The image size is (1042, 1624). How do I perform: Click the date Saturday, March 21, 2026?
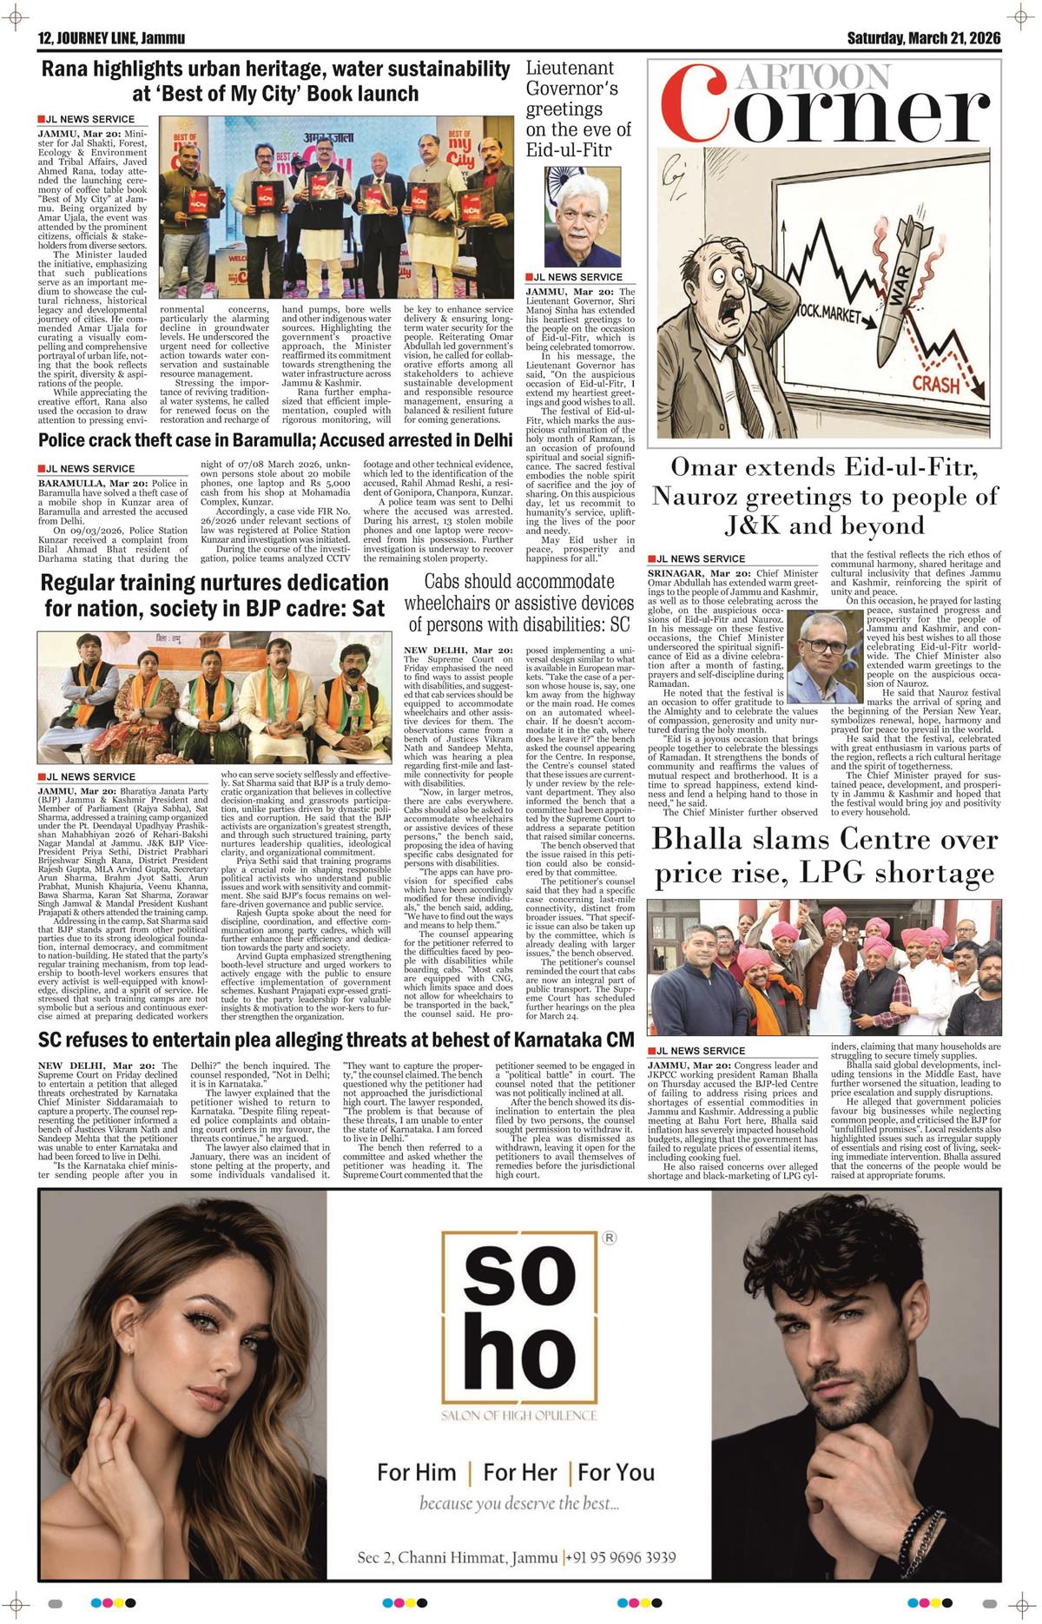click(924, 38)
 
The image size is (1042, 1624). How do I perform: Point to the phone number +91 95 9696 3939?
click(622, 1557)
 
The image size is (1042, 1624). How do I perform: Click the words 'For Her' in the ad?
click(520, 1472)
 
